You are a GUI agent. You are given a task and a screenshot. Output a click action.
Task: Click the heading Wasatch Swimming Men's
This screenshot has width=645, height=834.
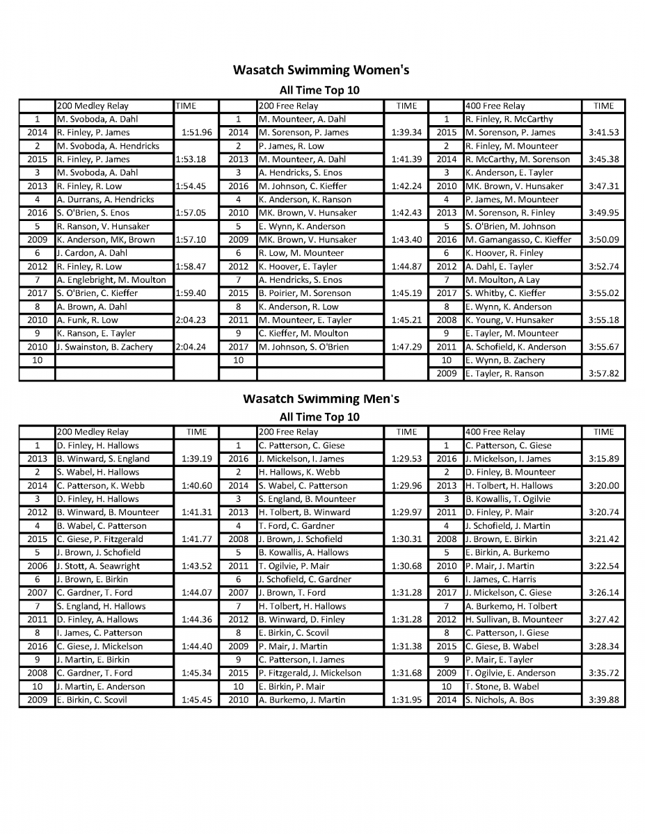point(321,399)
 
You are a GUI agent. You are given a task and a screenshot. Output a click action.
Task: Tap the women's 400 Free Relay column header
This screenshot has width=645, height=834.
point(495,106)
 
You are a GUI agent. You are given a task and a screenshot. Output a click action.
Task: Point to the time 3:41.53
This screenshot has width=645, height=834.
point(603,133)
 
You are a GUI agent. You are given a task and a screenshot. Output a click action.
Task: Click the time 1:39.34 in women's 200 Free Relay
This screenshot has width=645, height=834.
point(406,133)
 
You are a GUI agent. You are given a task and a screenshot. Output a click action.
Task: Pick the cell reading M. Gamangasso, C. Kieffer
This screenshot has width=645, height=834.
point(518,240)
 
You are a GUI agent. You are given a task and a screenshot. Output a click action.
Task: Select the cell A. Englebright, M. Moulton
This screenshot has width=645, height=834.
point(111,280)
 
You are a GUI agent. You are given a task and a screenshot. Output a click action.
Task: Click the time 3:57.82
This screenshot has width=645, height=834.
point(603,374)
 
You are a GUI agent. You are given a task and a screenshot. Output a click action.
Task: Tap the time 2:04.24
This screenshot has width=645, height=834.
point(191,347)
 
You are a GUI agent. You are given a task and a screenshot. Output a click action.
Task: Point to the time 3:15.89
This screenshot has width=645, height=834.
point(603,459)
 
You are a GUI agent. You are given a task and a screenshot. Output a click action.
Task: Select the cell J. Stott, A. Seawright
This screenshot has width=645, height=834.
point(98,566)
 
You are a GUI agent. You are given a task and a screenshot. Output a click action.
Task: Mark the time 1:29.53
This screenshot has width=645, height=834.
point(406,459)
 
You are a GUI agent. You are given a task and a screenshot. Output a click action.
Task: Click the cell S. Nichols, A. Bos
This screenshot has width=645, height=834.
point(500,700)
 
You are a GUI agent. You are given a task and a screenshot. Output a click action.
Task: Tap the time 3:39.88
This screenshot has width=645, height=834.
point(603,700)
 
